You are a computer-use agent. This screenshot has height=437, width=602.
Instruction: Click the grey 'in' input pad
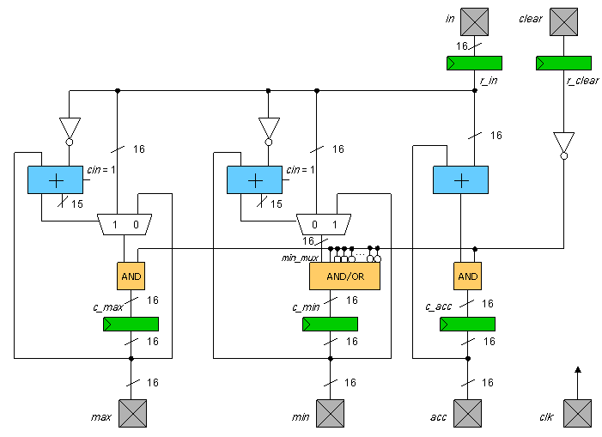coord(474,21)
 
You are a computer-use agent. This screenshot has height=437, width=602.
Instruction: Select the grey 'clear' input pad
coord(563,21)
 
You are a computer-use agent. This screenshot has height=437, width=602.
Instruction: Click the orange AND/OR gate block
coord(344,276)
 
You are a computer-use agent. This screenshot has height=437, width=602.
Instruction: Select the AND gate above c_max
coord(131,276)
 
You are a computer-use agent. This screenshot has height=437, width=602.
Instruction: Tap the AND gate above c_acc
coord(467,276)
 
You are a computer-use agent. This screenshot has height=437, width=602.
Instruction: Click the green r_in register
coord(474,63)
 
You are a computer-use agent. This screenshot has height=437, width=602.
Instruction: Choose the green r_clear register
coord(563,63)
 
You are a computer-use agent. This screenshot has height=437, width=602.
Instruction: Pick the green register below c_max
coord(131,324)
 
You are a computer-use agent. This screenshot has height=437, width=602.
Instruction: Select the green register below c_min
coord(330,324)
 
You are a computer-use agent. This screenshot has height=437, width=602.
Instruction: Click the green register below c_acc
coord(467,324)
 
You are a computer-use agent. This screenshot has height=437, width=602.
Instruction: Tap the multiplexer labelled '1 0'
coord(125,224)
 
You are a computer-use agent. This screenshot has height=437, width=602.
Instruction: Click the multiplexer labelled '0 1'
coord(323,224)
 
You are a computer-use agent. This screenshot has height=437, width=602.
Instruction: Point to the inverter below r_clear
coord(563,143)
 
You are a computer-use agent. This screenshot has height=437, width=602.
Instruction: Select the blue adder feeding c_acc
coord(460,179)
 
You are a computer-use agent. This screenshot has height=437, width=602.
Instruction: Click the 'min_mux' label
coord(301,257)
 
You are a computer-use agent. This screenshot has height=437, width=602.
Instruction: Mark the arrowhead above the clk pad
coord(578,371)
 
